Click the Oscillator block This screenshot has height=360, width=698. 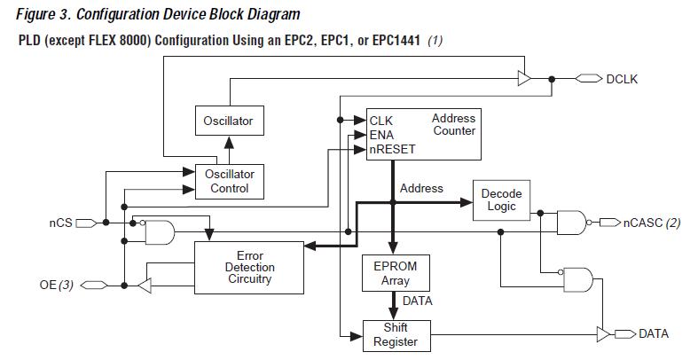[x=228, y=121]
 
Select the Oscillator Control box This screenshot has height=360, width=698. [x=229, y=181]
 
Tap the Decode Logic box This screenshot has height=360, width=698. [x=501, y=200]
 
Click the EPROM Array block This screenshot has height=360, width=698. [x=396, y=273]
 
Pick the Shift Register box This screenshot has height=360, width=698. [x=396, y=334]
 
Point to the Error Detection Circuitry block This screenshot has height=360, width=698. [x=249, y=267]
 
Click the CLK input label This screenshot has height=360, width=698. [x=381, y=121]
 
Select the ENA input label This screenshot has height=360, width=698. [x=382, y=135]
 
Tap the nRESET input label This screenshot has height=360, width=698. [x=393, y=149]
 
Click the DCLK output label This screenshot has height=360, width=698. [x=622, y=79]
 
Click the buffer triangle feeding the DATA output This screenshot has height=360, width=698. [x=605, y=333]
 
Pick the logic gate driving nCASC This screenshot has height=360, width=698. [x=569, y=222]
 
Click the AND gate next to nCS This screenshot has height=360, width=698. [x=161, y=232]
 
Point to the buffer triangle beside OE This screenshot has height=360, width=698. [x=146, y=285]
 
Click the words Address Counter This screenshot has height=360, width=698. [x=454, y=124]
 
